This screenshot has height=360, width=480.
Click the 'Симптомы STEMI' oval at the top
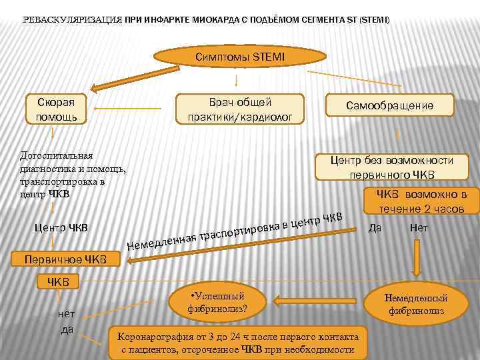tap(240, 57)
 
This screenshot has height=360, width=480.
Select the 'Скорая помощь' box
tap(61, 109)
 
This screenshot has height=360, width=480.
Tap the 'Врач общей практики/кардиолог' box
tap(239, 109)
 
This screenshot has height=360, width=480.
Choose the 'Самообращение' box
tap(389, 105)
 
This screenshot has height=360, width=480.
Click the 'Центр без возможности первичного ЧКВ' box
tap(393, 167)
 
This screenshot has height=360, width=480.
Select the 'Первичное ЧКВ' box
tap(65, 259)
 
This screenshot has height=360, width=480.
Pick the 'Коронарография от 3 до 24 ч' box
tap(239, 342)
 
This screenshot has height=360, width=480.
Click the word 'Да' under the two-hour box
tap(375, 228)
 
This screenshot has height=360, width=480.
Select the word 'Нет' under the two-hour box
tap(419, 227)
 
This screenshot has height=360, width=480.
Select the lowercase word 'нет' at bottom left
tap(67, 313)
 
